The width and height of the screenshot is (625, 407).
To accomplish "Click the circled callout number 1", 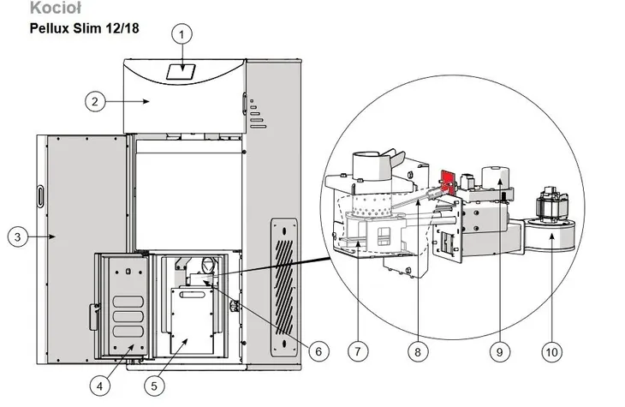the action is [x=182, y=35].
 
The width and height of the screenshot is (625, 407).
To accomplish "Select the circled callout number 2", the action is [x=95, y=101].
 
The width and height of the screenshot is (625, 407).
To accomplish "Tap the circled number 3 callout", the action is [x=17, y=237].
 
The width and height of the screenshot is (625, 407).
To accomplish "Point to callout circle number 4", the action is [x=99, y=386].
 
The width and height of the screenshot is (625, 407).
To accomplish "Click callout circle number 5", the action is [x=154, y=386].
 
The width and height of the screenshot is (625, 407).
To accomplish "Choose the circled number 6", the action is [x=318, y=351].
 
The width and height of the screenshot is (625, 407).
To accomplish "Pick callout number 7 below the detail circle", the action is [x=358, y=351].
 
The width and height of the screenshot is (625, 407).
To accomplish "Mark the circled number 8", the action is [x=418, y=352].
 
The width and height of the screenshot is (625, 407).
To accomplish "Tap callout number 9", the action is [x=500, y=352].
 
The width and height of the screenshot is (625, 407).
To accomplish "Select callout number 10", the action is [x=552, y=352].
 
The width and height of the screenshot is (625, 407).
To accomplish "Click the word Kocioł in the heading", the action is [x=56, y=8].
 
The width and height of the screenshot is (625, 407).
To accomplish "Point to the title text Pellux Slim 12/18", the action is [x=85, y=28].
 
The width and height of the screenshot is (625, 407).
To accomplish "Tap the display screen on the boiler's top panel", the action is [x=181, y=72].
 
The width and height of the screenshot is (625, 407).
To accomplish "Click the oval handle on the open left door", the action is [x=40, y=196].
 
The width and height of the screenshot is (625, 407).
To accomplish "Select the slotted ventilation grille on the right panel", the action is [x=283, y=287].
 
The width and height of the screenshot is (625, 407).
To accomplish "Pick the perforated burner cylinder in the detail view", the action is [x=371, y=206].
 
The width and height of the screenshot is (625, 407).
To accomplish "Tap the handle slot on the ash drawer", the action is [x=192, y=295].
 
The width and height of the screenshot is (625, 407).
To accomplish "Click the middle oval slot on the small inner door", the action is [x=128, y=316].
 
